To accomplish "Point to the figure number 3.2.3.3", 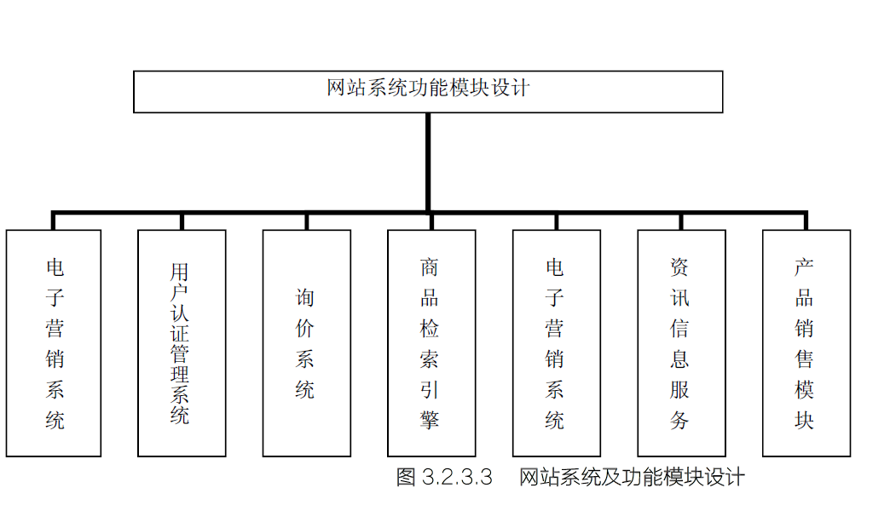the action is tap(458, 477).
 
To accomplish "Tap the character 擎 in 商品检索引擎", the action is tap(430, 420).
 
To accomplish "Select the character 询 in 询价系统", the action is tap(305, 297).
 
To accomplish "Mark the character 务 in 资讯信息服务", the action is tap(679, 420).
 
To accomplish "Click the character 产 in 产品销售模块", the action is tap(804, 267).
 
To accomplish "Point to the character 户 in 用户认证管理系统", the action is tap(179, 292).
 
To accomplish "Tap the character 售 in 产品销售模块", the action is tap(804, 359).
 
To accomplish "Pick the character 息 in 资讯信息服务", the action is tap(679, 359).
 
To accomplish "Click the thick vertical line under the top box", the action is tap(428, 163).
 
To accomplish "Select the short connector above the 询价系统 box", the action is tap(307, 221).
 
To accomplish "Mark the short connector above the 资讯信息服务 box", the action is tap(681, 221).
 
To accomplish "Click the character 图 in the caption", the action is tap(407, 477).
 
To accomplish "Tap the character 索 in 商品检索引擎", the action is tap(430, 359).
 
